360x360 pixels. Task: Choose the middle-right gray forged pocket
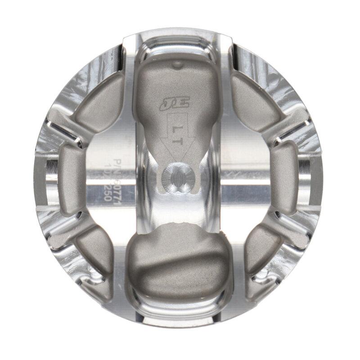coord(286,173)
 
